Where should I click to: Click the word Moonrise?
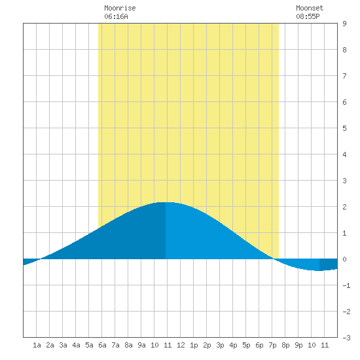(x=120, y=8)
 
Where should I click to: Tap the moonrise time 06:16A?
(x=116, y=16)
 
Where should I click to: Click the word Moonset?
(x=310, y=8)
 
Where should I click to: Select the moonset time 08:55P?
(x=308, y=16)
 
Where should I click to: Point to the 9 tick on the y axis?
(x=344, y=24)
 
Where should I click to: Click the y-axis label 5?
(x=344, y=128)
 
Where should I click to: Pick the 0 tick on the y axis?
(x=344, y=259)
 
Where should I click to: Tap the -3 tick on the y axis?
(x=346, y=338)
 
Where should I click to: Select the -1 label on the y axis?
(x=346, y=285)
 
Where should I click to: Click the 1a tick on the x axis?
(x=37, y=345)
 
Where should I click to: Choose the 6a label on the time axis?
(x=102, y=345)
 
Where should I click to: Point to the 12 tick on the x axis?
(x=181, y=345)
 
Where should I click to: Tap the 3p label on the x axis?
(x=220, y=345)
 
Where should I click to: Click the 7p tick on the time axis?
(x=272, y=345)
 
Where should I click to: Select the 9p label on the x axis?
(x=298, y=345)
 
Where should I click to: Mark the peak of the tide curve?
(x=166, y=202)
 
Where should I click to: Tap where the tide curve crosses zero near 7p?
(x=274, y=259)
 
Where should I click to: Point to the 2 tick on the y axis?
(x=344, y=207)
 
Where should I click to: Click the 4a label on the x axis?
(x=76, y=345)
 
